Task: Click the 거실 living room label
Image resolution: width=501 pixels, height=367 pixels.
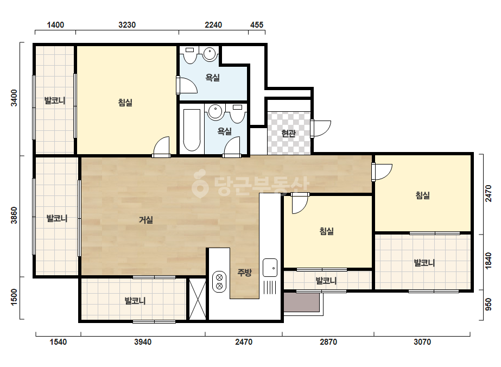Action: click(145, 220)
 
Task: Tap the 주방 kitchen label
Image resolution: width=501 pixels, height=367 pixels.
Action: click(244, 273)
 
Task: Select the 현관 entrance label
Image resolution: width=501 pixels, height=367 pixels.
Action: click(289, 134)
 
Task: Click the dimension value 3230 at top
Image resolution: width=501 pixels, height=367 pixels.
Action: click(127, 25)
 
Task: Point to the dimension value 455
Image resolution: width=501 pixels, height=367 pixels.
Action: click(257, 25)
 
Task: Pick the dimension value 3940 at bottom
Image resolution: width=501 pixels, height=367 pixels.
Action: click(143, 342)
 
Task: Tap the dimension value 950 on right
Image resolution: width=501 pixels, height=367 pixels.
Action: click(489, 305)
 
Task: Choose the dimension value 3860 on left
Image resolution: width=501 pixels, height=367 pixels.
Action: click(14, 215)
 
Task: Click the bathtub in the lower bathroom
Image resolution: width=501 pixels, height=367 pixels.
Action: click(192, 130)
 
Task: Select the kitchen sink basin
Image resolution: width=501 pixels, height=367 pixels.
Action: click(270, 268)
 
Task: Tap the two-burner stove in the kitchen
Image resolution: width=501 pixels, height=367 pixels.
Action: click(219, 281)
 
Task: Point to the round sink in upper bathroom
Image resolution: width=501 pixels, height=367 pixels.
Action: click(210, 53)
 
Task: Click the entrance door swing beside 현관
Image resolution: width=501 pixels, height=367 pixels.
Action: click(321, 128)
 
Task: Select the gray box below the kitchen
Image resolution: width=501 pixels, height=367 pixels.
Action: click(302, 302)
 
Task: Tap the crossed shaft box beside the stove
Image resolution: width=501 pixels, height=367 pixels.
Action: click(198, 299)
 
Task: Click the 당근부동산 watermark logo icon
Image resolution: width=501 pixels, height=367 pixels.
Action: click(200, 184)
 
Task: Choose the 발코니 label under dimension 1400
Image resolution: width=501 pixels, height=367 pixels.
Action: click(55, 100)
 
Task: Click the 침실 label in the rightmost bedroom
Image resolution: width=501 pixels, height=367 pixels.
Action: click(422, 195)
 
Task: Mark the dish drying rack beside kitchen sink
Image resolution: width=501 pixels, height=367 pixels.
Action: click(270, 287)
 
